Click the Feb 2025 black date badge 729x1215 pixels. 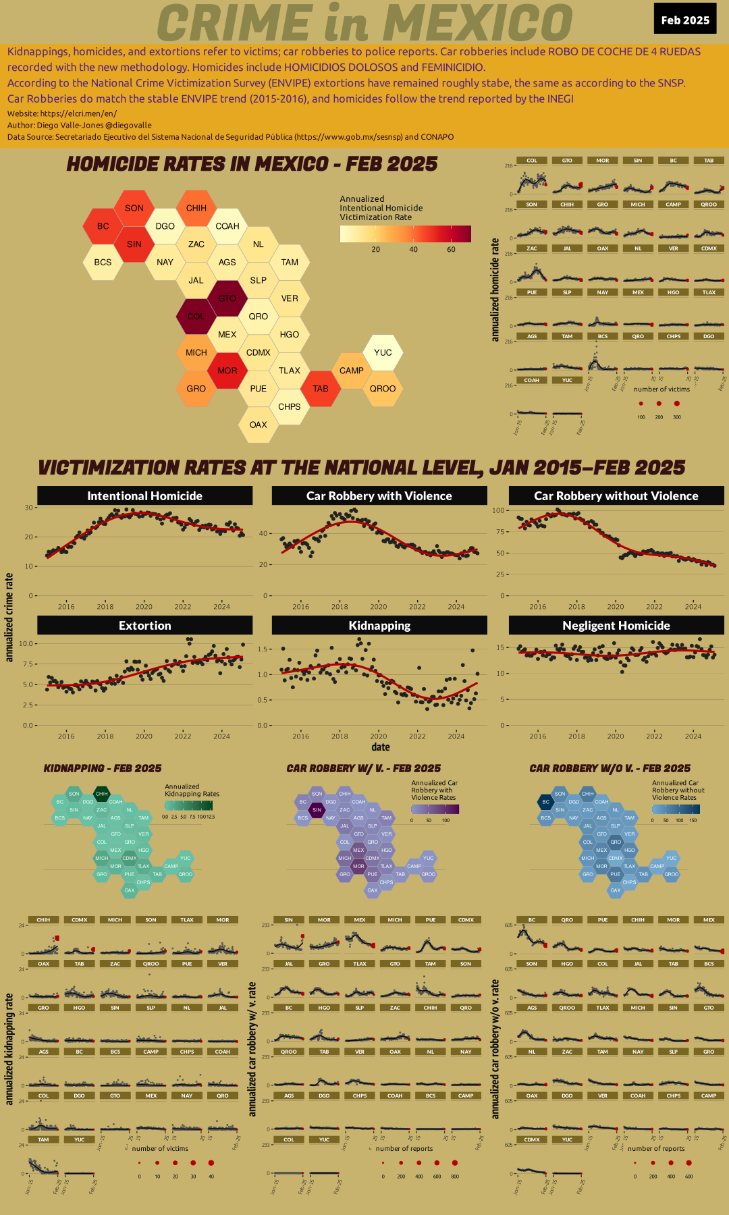click(684, 20)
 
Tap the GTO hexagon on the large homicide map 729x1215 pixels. click(227, 298)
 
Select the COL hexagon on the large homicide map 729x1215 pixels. click(196, 316)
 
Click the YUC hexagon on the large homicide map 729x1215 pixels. click(383, 352)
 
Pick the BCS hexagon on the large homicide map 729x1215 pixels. click(103, 262)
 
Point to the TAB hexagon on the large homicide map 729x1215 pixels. click(321, 388)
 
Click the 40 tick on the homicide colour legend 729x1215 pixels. click(413, 250)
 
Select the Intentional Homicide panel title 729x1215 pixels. click(144, 495)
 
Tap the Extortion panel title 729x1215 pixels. click(144, 625)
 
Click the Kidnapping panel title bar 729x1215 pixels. click(379, 625)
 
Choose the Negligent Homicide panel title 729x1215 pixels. click(616, 625)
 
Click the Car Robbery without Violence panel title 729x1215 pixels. click(616, 495)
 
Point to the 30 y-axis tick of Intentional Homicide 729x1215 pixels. click(28, 508)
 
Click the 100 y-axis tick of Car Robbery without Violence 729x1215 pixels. click(498, 510)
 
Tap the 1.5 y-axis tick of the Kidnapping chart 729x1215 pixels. click(264, 649)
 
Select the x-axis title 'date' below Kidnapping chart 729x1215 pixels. click(381, 747)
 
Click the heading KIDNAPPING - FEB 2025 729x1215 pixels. click(103, 768)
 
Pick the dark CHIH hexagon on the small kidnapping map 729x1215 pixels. click(101, 794)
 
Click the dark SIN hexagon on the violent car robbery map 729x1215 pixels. click(317, 810)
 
